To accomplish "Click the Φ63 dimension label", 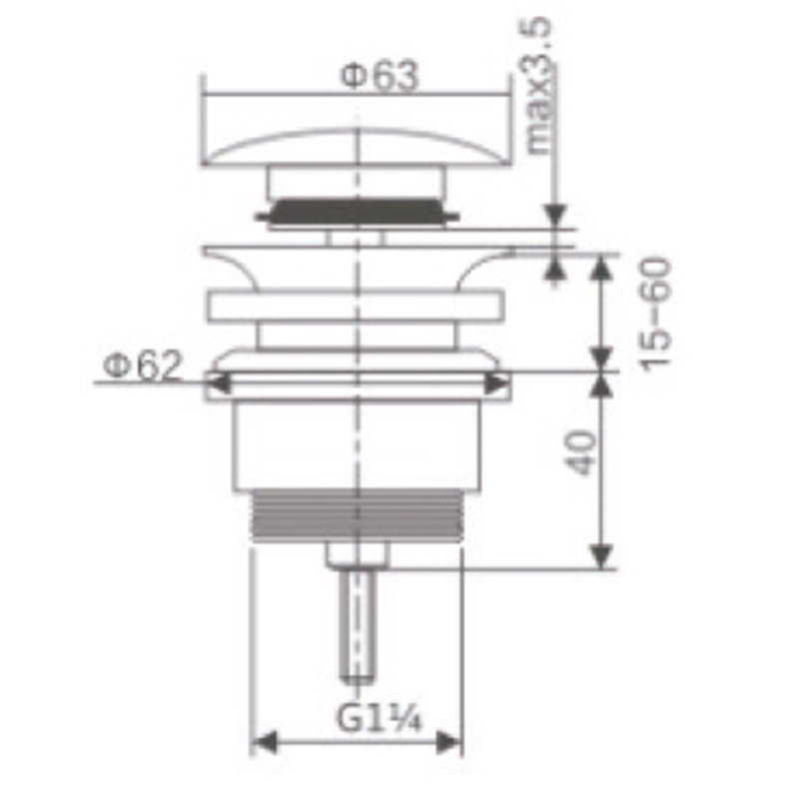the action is (380, 77).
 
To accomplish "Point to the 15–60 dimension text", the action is (656, 315).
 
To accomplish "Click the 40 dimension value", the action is (581, 453).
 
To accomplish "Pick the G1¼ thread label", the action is (380, 717).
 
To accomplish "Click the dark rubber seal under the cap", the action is (357, 212).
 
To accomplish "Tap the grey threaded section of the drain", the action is (358, 515).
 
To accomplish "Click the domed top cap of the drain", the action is (357, 148).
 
